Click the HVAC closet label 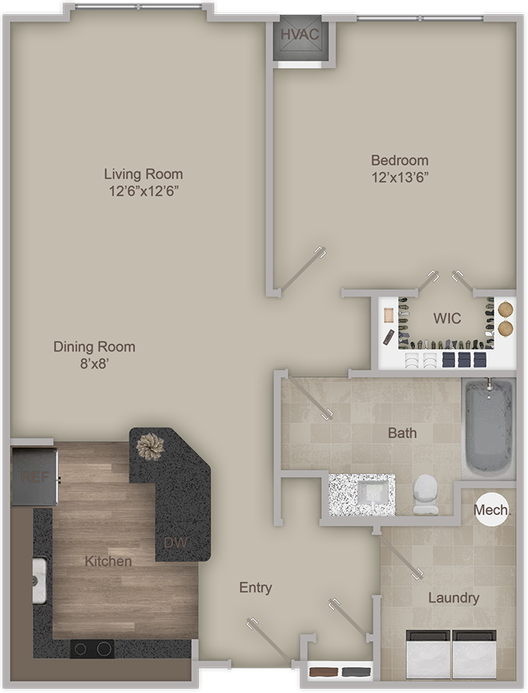[299, 35]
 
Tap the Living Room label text [143, 174]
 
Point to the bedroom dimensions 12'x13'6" [400, 178]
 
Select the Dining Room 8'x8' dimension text [95, 364]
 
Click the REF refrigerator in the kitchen [34, 477]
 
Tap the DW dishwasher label [176, 543]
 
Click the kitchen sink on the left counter [40, 580]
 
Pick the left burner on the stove [81, 649]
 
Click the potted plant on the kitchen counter [150, 447]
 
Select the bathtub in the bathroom [488, 428]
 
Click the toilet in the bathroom [426, 494]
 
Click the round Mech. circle [491, 510]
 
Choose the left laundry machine [428, 655]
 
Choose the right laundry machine [474, 655]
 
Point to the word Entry [255, 588]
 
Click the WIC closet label [447, 318]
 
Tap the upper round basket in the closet [506, 309]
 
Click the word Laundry [454, 598]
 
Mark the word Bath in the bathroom [402, 432]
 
